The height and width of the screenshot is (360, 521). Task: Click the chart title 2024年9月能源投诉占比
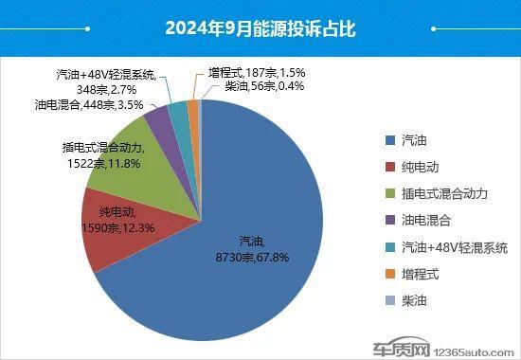(x=260, y=29)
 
